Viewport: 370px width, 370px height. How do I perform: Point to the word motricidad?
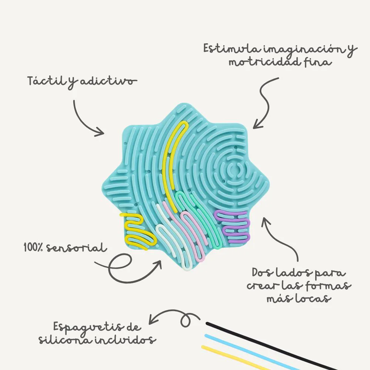[265, 62]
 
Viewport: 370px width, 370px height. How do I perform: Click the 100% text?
[33, 248]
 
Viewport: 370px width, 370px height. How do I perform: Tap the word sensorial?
[76, 248]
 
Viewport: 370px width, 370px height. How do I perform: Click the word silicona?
[65, 340]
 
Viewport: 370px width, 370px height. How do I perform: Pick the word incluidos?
[125, 340]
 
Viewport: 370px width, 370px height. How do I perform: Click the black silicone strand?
[271, 346]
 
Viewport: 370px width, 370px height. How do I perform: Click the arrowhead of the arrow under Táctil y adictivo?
[100, 132]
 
